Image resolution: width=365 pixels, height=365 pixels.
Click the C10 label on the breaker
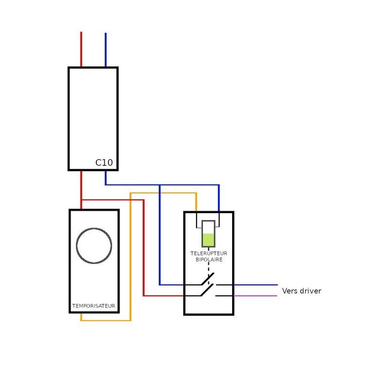(x=104, y=163)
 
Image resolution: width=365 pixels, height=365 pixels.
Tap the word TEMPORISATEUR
(x=93, y=306)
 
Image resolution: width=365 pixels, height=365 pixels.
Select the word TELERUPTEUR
(x=209, y=253)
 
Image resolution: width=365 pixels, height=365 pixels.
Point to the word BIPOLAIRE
(x=209, y=259)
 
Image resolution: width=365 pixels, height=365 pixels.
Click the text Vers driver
(x=302, y=291)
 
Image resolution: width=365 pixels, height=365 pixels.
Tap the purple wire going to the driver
(x=255, y=296)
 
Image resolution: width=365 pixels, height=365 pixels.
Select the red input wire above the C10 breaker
(x=81, y=49)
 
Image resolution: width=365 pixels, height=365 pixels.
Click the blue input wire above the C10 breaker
(x=106, y=50)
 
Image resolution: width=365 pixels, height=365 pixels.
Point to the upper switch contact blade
(x=208, y=279)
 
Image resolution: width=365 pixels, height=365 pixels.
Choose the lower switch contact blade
(x=207, y=290)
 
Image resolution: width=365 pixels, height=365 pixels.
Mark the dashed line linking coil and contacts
(x=209, y=266)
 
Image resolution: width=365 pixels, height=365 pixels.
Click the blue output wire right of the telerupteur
(x=255, y=285)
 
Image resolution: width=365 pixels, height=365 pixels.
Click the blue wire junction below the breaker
(x=160, y=185)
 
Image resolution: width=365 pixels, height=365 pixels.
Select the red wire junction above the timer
(x=81, y=200)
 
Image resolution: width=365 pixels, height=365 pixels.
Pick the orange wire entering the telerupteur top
(x=196, y=202)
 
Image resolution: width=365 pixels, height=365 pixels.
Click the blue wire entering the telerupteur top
(x=219, y=199)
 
